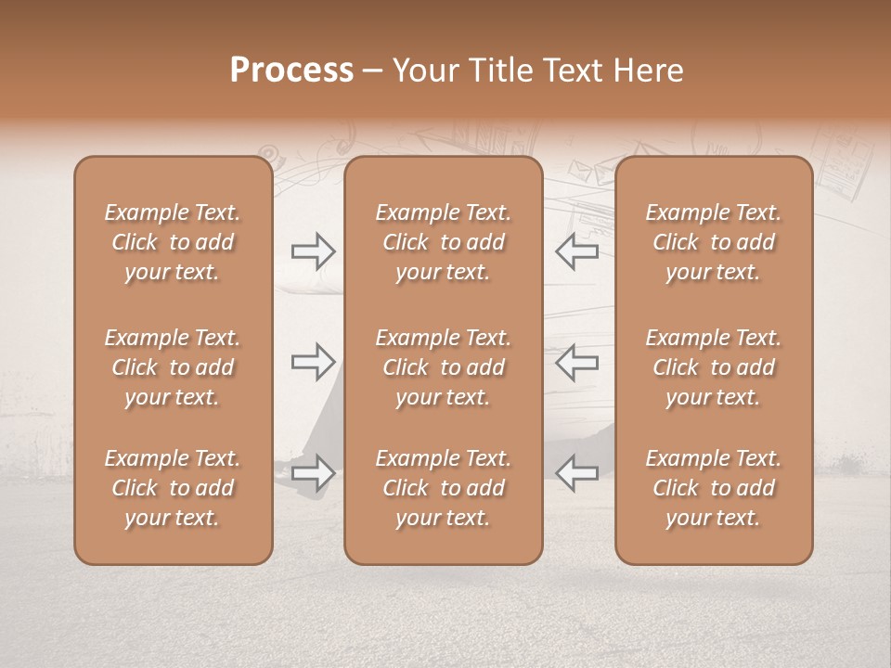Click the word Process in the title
pos(291,71)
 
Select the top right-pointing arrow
pos(314,251)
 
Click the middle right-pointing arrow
pos(314,362)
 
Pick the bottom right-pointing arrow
pos(314,473)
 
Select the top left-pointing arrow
pos(576,251)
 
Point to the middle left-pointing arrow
pos(576,362)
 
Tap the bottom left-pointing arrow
pos(576,473)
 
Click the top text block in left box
pos(173,242)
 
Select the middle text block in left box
pos(173,367)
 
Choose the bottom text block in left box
pos(173,488)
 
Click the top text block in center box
pos(443,242)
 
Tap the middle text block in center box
pos(443,367)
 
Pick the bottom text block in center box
pos(443,488)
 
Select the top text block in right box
pos(713,242)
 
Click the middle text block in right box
pos(713,367)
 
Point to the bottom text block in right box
pos(713,488)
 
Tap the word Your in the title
pos(422,71)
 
